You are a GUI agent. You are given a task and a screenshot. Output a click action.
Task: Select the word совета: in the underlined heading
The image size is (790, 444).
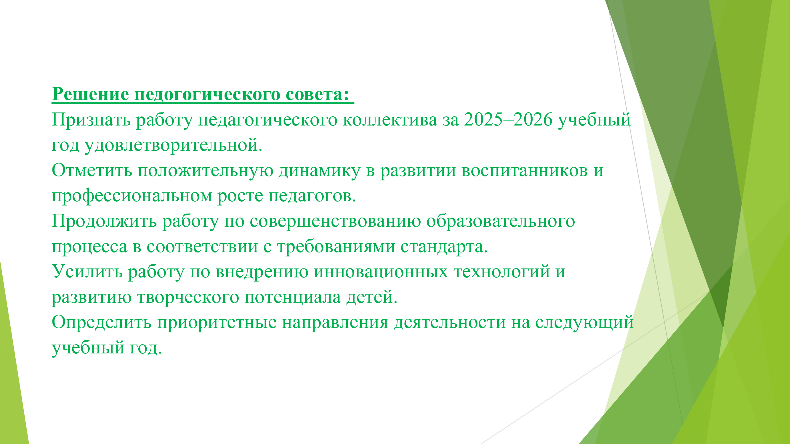pyautogui.click(x=318, y=94)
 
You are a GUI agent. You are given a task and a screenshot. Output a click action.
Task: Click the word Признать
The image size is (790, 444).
pyautogui.click(x=91, y=120)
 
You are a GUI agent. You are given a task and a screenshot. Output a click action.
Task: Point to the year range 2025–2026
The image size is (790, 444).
pyautogui.click(x=508, y=120)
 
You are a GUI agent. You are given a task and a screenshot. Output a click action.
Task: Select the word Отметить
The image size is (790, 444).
pyautogui.click(x=92, y=170)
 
